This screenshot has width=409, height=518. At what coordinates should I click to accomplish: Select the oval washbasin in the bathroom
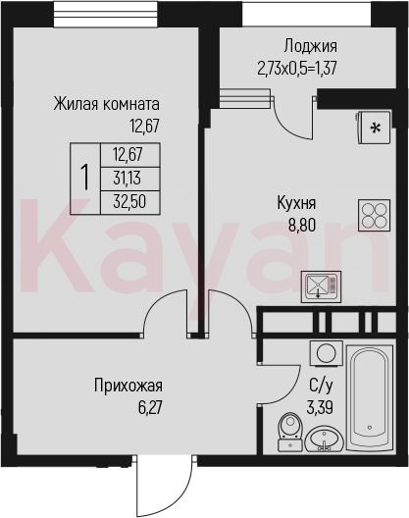[x=325, y=439]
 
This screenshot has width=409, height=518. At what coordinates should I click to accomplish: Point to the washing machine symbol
[x=326, y=353]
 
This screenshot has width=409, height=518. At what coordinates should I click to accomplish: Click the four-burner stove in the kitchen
[x=375, y=216]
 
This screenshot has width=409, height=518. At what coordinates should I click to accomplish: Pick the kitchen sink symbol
[x=321, y=286]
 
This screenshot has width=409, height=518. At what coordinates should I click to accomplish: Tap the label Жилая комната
[x=106, y=104]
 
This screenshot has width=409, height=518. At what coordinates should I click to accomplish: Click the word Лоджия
[x=311, y=46]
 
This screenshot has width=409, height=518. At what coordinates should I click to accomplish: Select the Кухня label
[x=296, y=203]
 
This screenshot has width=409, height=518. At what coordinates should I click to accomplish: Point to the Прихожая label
[x=128, y=386]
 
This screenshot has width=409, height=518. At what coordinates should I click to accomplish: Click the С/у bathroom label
[x=320, y=387]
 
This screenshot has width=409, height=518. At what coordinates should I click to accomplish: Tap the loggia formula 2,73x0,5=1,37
[x=296, y=69]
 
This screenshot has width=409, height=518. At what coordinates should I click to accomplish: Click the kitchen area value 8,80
[x=302, y=226]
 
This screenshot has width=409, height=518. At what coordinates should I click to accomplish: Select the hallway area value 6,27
[x=150, y=408]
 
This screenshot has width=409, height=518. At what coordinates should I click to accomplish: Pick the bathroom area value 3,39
[x=320, y=408]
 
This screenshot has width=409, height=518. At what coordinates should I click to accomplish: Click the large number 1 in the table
[x=85, y=179]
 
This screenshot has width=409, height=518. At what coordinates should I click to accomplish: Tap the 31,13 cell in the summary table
[x=128, y=179]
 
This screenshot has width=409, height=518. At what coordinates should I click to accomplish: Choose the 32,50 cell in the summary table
[x=129, y=202]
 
